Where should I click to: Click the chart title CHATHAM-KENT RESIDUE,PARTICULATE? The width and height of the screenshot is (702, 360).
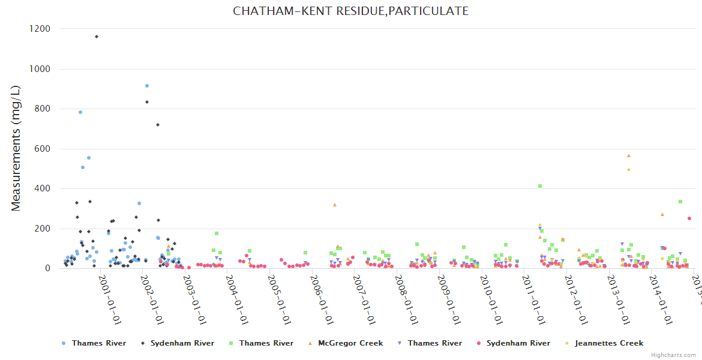(x=351, y=11)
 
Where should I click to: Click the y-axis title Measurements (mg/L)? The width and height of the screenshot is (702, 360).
(x=16, y=148)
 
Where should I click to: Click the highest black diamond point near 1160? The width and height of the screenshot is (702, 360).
(x=96, y=37)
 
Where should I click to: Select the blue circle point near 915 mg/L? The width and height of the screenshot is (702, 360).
(x=146, y=86)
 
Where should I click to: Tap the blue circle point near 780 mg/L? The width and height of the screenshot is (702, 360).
(x=80, y=112)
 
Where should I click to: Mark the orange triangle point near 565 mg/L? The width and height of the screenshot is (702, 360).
(x=629, y=155)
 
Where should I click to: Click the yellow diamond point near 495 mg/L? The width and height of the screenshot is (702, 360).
(x=629, y=170)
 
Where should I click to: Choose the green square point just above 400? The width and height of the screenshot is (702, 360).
(x=540, y=186)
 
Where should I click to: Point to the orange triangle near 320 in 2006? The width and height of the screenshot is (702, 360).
(x=335, y=205)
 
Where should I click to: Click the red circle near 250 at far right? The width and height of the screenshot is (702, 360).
(x=689, y=218)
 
